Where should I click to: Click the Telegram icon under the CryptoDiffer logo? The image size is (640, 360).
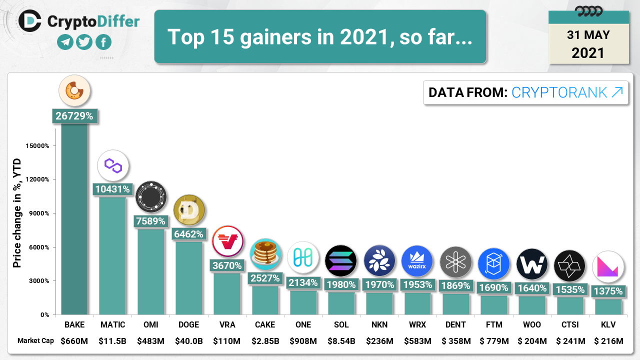pos(65,42)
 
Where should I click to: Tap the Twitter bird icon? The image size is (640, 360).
pos(84,42)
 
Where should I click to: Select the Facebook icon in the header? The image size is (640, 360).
pos(103,42)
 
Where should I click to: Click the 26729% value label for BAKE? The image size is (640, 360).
pos(74,116)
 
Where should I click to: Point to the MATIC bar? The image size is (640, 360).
pos(112,255)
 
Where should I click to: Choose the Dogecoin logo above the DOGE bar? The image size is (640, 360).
pos(189,210)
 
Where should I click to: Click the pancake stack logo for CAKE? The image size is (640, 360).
pos(265,254)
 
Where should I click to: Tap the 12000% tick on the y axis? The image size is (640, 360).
pos(37,179)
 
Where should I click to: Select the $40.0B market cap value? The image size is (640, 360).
pos(188,341)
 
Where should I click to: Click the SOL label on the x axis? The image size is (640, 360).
pos(341,324)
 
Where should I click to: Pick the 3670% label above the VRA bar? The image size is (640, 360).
pos(227,265)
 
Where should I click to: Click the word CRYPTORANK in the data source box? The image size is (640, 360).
pos(559,92)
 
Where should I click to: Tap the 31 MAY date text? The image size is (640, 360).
pos(588,35)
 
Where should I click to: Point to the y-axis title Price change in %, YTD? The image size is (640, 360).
pos(17,212)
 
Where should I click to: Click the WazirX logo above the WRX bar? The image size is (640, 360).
pos(417,261)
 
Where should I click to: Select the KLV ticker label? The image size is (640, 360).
pos(608,324)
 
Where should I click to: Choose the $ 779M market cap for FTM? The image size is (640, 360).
pos(494,341)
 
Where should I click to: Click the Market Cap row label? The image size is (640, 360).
pos(35,341)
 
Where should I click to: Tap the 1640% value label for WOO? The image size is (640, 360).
pos(532,288)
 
